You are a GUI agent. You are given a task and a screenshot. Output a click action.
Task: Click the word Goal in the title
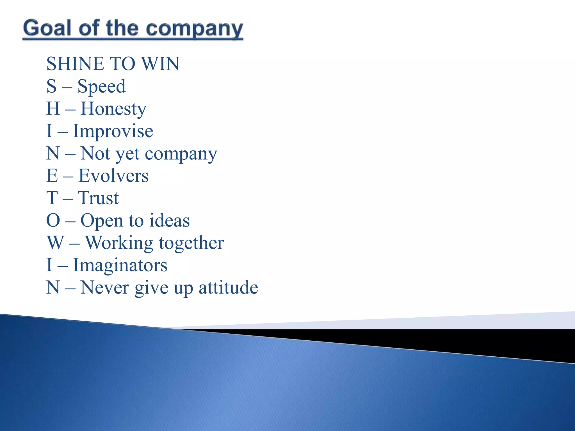coord(47,28)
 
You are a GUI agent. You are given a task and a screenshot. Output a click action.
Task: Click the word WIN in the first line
coord(160,64)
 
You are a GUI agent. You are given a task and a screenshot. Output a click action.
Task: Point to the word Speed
coord(101,86)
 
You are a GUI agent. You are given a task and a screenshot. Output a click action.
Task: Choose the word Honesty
coord(113,109)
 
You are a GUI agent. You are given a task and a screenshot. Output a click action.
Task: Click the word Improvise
coord(113,131)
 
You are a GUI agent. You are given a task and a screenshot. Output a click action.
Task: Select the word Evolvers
coord(113,176)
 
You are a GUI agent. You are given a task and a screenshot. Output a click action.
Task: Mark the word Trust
coord(98,198)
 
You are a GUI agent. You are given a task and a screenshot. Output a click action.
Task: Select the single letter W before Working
coord(55,243)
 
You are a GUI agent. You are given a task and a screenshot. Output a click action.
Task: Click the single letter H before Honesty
coord(53,109)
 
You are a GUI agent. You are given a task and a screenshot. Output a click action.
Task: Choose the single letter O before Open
coord(53,220)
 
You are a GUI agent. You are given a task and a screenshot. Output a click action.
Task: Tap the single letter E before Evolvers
coord(52,176)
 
